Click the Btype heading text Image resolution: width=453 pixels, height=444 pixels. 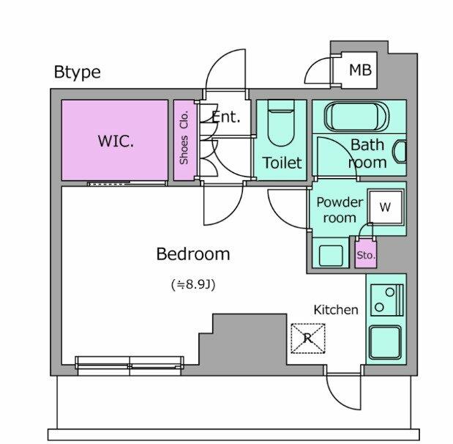tap(77, 72)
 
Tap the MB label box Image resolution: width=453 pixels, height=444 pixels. tap(359, 70)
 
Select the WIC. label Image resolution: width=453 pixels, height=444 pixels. tap(116, 141)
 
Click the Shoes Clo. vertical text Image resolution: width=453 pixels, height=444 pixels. tap(184, 137)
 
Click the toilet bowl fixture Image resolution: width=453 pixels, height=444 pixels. tap(281, 125)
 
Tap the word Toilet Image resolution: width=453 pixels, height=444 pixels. tap(282, 163)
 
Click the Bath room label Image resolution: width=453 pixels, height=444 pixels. tap(367, 154)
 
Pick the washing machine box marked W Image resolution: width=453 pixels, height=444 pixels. tap(385, 207)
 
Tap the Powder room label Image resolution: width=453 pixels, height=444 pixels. tap(340, 210)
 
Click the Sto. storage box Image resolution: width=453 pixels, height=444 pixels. tap(366, 255)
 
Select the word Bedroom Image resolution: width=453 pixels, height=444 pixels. tap(193, 254)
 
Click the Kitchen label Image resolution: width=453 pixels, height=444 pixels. tap(336, 310)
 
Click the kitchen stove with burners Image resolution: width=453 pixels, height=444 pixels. tap(385, 300)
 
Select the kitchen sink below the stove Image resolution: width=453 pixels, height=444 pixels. tap(385, 342)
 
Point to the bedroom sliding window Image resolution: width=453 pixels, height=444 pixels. tap(130, 363)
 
